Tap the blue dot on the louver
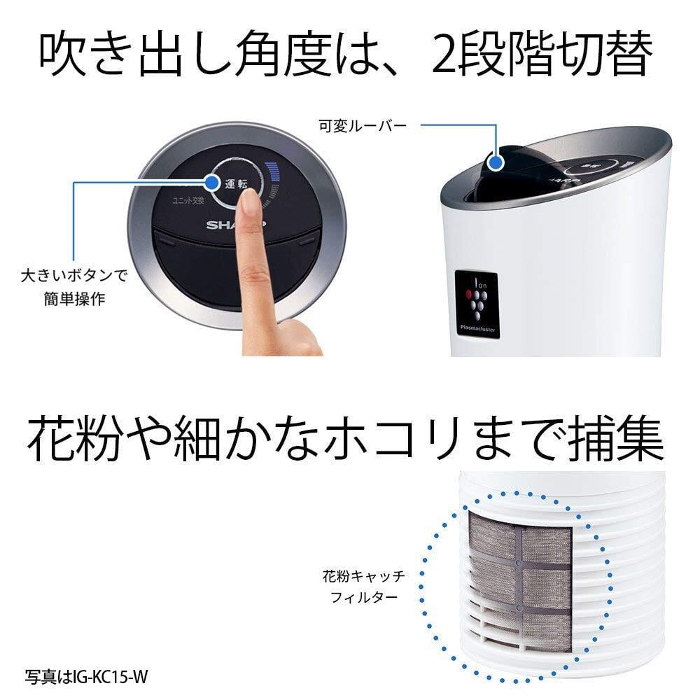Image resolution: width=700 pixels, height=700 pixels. pos(497,162)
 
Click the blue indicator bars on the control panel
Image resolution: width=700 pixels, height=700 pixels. pos(273,178)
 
